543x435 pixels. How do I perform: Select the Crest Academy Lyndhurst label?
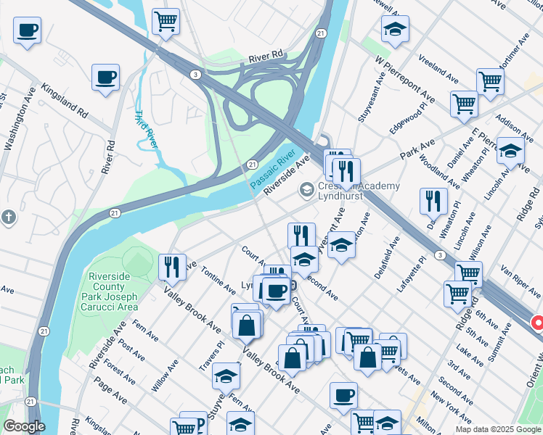coord(359,191)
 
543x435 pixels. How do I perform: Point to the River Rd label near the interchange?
coord(265,56)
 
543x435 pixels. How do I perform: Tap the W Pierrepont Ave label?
coord(405,79)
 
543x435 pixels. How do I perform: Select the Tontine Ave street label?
coord(219,279)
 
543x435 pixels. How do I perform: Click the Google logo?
coord(24,427)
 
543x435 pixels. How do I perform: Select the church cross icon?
coord(8,216)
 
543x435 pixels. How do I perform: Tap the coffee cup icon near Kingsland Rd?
coord(105,76)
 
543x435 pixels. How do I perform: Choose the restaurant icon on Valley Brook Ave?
coord(172,266)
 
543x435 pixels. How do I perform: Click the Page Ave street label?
coord(110,390)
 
